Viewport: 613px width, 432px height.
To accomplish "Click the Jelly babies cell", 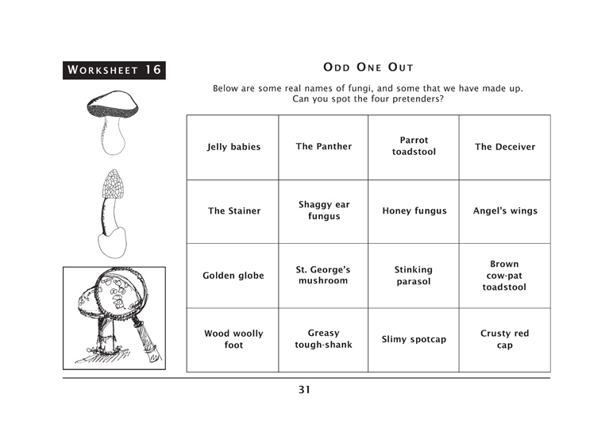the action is point(233,148).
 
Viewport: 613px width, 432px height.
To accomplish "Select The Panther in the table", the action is point(323,148).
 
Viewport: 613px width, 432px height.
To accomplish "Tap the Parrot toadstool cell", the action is point(414,148).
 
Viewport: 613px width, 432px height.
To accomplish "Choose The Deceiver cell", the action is point(505,148).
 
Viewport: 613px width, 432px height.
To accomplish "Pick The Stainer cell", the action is point(233,211).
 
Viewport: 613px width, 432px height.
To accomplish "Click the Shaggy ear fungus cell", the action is point(323,211).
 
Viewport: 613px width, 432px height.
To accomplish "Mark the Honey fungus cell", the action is point(414,211).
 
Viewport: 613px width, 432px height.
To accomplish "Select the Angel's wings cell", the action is point(505,211).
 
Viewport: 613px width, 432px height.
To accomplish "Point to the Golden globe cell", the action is point(233,276).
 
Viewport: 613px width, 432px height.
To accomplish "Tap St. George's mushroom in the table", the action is point(323,276).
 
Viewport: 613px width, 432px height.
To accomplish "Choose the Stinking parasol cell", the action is point(414,276).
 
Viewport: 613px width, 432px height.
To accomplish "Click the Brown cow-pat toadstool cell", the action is point(505,276).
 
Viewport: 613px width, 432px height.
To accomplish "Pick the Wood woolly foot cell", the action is point(233,340).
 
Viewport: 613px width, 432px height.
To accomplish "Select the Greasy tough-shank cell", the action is point(323,340).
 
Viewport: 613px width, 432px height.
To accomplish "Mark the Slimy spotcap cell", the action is point(414,340).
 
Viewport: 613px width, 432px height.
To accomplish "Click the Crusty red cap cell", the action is point(505,340).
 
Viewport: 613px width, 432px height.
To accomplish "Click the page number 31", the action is point(304,389).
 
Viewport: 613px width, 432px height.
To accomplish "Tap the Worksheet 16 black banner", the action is point(114,71).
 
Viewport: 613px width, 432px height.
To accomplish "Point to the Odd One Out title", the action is point(368,67).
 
